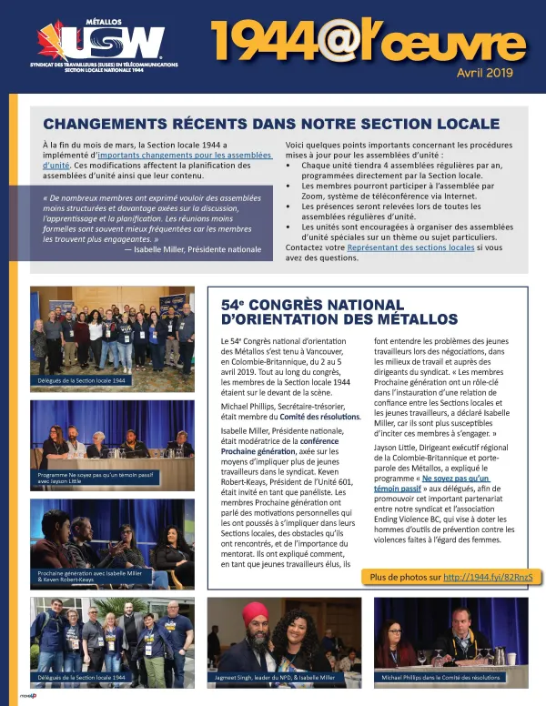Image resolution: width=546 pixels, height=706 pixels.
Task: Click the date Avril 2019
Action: (x=485, y=72)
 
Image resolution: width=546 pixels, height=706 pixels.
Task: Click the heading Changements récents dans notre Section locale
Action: (x=272, y=123)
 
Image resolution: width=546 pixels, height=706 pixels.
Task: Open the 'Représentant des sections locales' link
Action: (x=397, y=247)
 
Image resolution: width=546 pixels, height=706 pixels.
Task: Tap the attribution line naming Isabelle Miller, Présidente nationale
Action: (x=193, y=249)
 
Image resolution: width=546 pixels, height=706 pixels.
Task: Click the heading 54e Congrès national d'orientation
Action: (x=339, y=312)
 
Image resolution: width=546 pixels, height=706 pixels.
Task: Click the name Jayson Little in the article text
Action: (x=399, y=448)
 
